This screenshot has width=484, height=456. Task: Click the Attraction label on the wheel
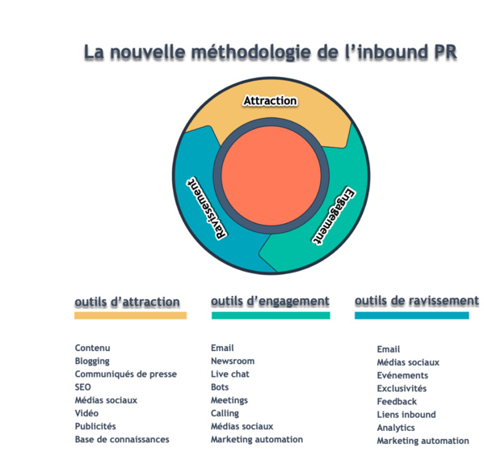tap(270, 101)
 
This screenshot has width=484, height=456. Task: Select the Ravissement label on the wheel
tap(205, 208)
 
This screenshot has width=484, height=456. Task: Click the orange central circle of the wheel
tap(270, 175)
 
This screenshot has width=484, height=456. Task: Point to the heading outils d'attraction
tap(127, 302)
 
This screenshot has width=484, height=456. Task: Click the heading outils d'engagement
tap(270, 301)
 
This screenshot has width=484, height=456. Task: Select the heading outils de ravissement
tap(416, 301)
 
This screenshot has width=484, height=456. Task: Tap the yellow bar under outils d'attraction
tap(130, 315)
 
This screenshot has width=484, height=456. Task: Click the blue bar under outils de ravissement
tap(411, 315)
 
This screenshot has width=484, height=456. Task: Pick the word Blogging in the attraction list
tap(92, 361)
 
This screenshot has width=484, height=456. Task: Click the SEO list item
tap(83, 387)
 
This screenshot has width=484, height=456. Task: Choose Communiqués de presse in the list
tap(125, 374)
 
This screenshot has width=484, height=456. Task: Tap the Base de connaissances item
tap(122, 439)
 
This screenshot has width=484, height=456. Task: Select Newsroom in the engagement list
tap(232, 361)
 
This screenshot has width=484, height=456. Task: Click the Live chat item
tap(229, 374)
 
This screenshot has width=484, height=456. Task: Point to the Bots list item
tap(220, 387)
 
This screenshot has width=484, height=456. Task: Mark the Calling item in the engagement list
tap(225, 413)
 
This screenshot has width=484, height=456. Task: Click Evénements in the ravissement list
tap(402, 376)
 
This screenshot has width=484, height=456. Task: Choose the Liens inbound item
tap(406, 415)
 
